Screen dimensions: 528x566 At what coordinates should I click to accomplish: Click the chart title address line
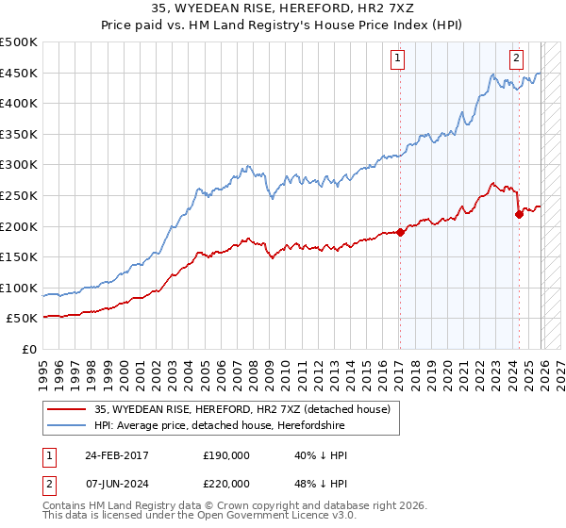pyautogui.click(x=283, y=9)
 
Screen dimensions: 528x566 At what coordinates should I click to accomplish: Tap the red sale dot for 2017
pyautogui.click(x=399, y=232)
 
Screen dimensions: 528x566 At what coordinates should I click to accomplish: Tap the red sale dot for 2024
pyautogui.click(x=519, y=214)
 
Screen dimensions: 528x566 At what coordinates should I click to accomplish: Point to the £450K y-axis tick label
pyautogui.click(x=19, y=74)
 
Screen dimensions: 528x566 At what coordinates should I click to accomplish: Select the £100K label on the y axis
pyautogui.click(x=19, y=288)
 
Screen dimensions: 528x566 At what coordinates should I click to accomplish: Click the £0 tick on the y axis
pyautogui.click(x=28, y=349)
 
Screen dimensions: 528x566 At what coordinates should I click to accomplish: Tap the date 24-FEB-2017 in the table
pyautogui.click(x=114, y=455)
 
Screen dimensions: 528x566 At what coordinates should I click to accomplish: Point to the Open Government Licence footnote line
pyautogui.click(x=185, y=519)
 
